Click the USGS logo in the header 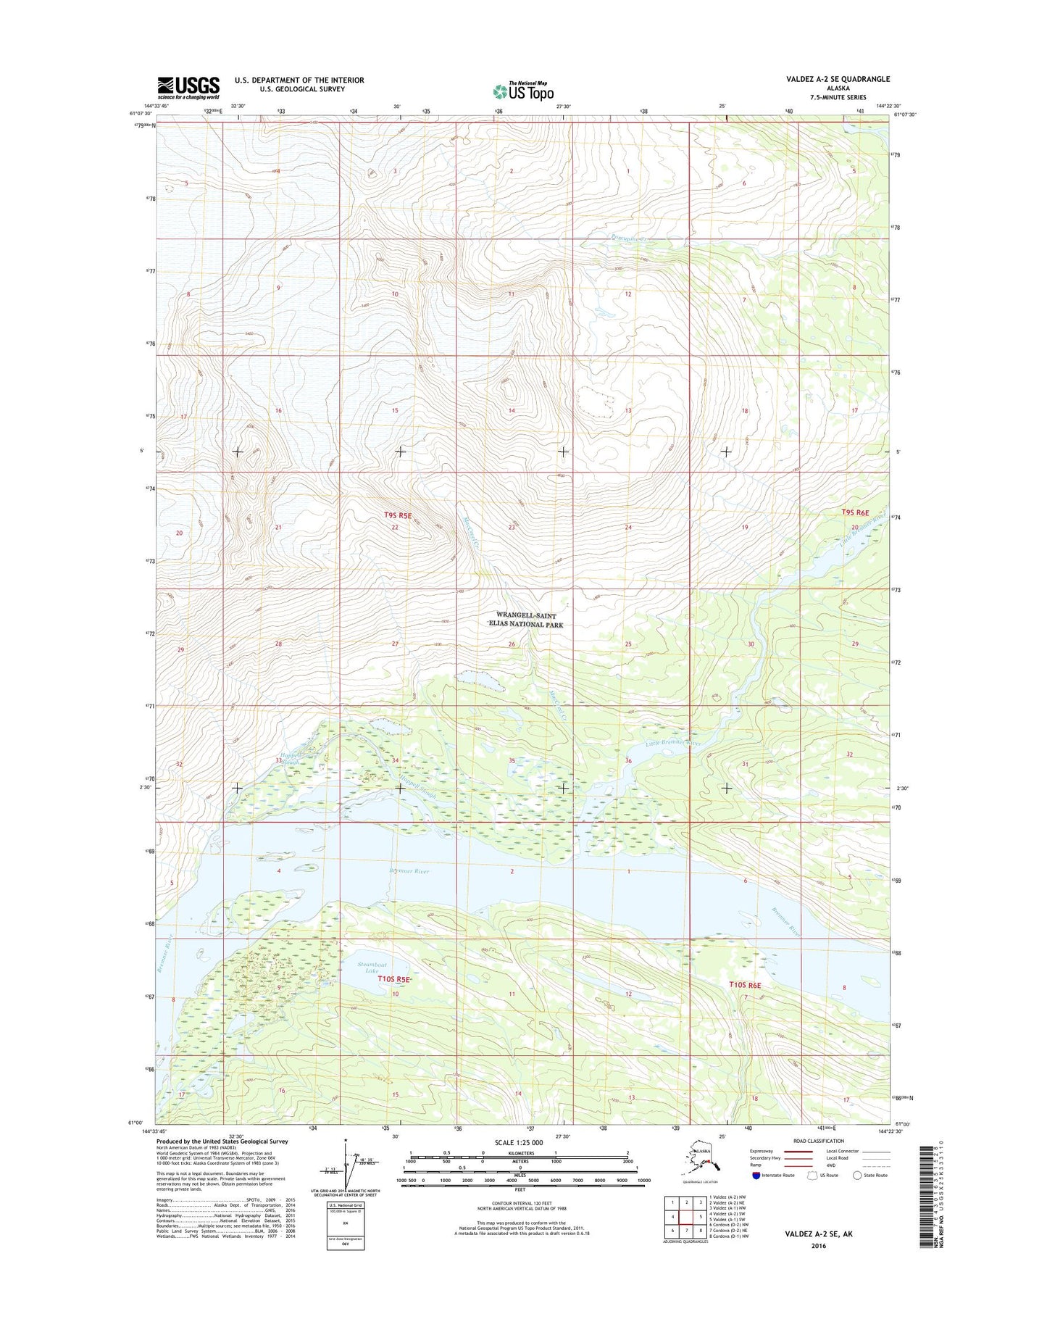[188, 88]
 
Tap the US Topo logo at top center [523, 91]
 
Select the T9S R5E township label [398, 515]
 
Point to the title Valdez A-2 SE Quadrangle [838, 79]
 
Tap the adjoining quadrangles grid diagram [686, 1220]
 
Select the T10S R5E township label [393, 979]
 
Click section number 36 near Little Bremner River [628, 760]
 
